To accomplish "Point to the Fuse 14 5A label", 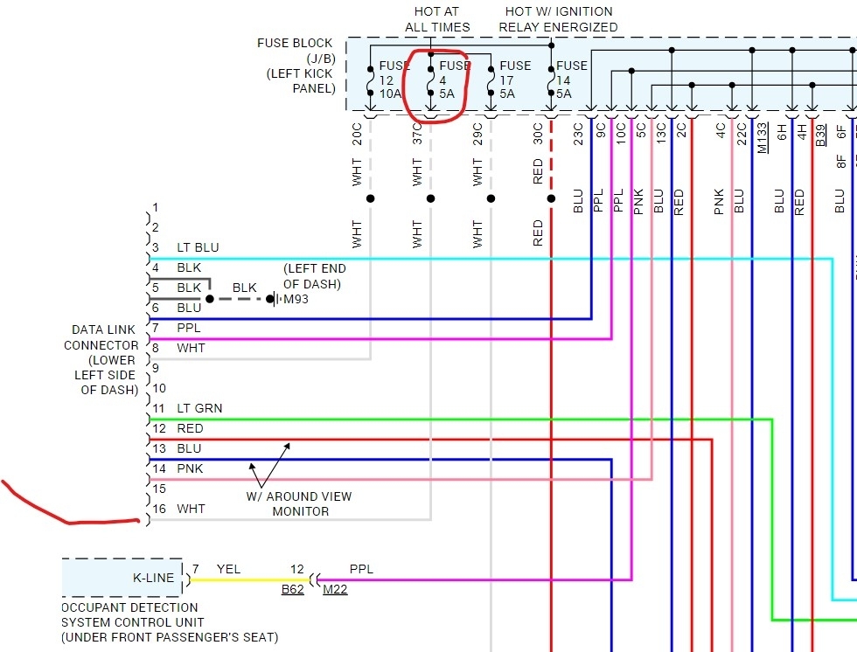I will coord(571,80).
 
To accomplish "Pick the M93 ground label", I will coord(295,300).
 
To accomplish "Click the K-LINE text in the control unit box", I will coord(153,578).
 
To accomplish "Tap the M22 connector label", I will coord(334,589).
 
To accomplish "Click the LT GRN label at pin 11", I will coord(199,408).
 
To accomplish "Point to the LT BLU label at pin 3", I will coord(198,247).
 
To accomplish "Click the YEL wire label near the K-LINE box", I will coord(229,569).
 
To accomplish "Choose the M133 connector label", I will coord(763,136).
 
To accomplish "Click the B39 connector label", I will coord(820,135).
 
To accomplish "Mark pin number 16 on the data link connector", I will coord(159,509).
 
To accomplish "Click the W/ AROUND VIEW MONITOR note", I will coord(300,503).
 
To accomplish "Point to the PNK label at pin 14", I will coord(190,468).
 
